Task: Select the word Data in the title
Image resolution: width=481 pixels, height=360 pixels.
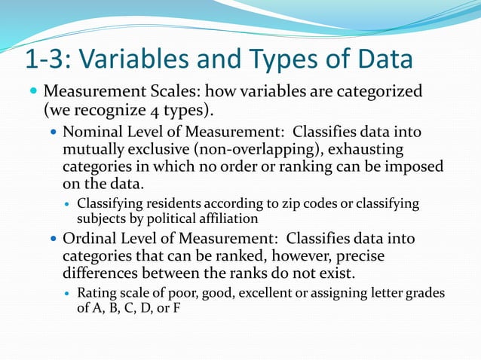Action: click(381, 59)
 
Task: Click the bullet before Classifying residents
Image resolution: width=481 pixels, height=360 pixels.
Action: click(68, 204)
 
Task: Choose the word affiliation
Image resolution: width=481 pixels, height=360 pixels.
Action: click(223, 218)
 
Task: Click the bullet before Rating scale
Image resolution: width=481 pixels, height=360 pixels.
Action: click(68, 293)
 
